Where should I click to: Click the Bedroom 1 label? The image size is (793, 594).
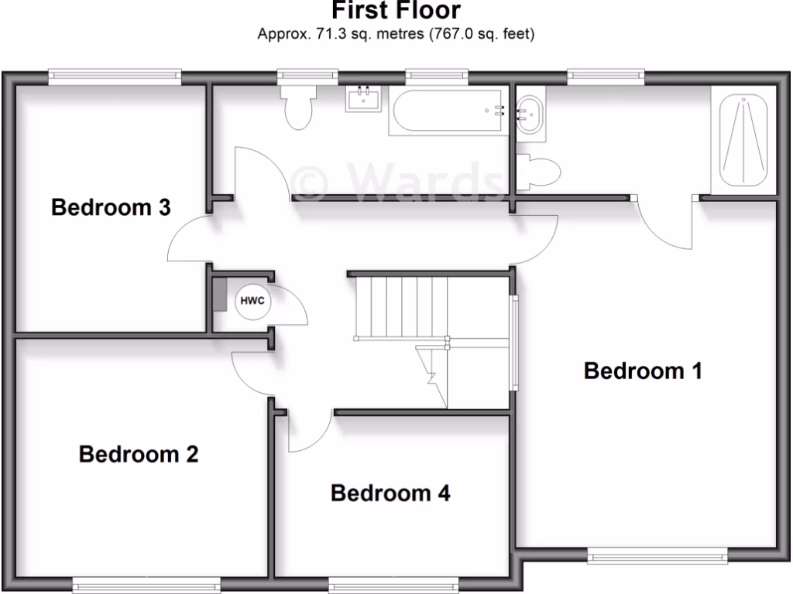click(x=643, y=371)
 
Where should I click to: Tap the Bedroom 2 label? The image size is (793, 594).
click(x=139, y=454)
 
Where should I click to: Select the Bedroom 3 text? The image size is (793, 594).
click(x=111, y=207)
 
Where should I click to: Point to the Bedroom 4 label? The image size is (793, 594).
click(x=390, y=493)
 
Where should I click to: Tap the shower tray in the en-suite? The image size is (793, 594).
click(x=743, y=141)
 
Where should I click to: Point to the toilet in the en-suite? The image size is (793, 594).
click(x=540, y=172)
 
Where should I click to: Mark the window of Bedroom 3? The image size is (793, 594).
click(x=114, y=76)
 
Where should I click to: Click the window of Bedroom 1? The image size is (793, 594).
click(x=657, y=554)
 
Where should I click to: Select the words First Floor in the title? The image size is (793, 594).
click(x=396, y=11)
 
